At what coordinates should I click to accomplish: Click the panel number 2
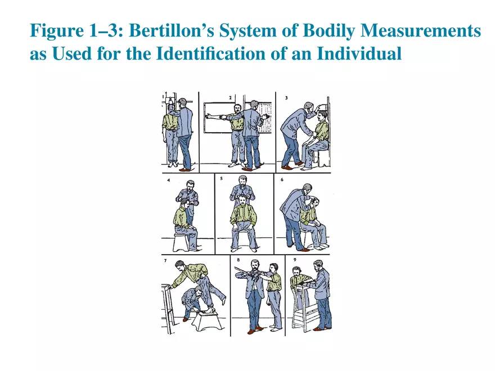tap(231, 97)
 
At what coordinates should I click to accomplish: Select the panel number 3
tap(287, 97)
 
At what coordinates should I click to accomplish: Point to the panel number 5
tap(222, 180)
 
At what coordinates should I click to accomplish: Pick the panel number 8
tap(238, 261)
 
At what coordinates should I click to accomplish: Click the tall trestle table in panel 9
tap(304, 306)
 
